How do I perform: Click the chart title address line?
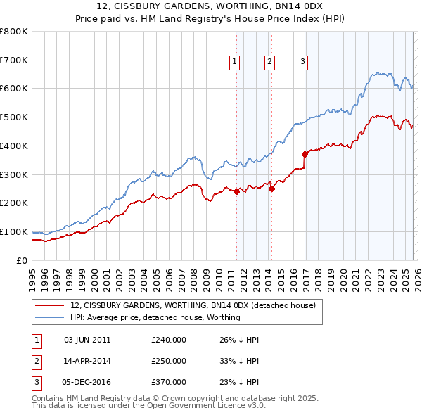(x=211, y=6)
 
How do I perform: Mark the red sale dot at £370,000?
(x=305, y=154)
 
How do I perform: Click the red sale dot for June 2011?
(x=236, y=191)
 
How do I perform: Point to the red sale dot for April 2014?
(x=271, y=189)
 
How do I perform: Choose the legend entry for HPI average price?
(x=155, y=317)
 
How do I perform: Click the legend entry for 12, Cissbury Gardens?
(x=197, y=305)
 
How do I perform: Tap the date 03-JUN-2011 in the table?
(x=87, y=340)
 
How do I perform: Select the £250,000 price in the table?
(x=169, y=361)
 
